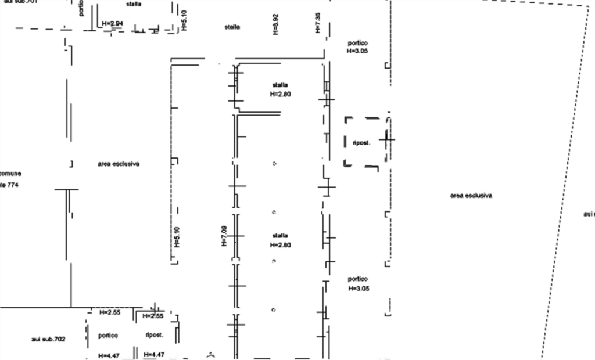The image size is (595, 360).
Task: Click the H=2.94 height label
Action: (112, 23)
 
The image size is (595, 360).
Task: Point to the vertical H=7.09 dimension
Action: (224, 236)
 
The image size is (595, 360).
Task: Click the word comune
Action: (10, 174)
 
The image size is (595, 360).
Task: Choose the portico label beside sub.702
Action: (108, 336)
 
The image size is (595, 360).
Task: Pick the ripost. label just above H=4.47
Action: (154, 335)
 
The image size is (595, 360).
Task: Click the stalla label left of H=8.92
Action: (232, 27)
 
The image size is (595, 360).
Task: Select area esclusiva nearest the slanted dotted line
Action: (471, 196)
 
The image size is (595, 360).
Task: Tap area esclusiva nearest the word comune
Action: (119, 164)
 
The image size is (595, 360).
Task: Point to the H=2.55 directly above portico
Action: (109, 312)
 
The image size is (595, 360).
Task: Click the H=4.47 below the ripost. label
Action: (155, 354)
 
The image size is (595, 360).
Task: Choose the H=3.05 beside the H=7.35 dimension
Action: (357, 52)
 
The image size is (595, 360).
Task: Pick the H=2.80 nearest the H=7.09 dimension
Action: (280, 245)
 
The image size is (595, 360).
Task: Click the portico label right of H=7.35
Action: (358, 44)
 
